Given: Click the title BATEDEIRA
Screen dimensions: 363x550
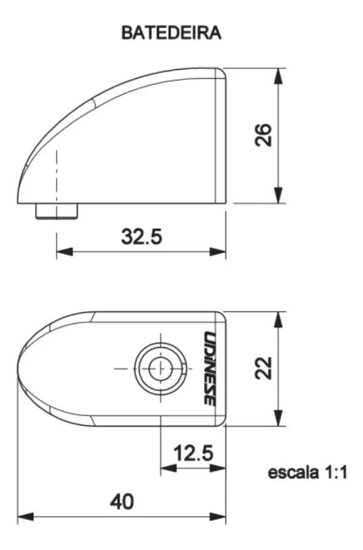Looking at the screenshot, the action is point(171,33).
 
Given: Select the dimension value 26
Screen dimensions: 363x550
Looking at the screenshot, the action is point(263,135).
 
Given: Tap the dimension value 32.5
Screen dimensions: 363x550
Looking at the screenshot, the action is point(142,236).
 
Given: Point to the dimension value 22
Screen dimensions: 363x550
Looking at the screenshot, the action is point(263,368).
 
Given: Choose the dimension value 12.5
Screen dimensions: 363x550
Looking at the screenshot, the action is point(194,453).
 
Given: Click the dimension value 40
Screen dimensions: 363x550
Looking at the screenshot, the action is point(122,502).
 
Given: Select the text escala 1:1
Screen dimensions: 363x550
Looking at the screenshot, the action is point(307,473).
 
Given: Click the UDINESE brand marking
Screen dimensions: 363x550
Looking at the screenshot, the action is point(210,368).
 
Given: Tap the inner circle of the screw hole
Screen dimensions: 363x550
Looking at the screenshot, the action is point(160,369).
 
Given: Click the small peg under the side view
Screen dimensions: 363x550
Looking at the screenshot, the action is point(56,211).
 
